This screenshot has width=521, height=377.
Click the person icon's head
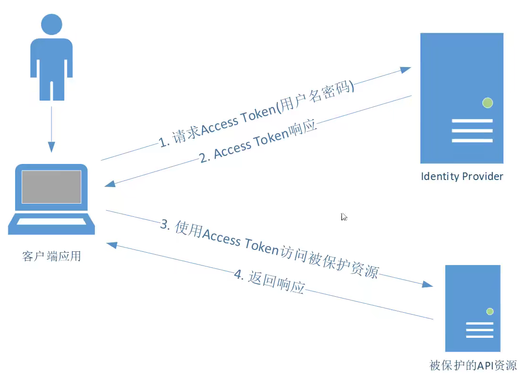pyautogui.click(x=51, y=25)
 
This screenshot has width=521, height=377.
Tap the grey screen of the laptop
pyautogui.click(x=51, y=187)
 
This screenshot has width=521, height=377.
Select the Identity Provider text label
pyautogui.click(x=461, y=177)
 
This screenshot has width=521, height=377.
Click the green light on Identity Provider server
pyautogui.click(x=487, y=103)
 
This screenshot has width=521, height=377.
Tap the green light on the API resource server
pyautogui.click(x=490, y=311)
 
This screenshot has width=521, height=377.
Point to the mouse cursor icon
pyautogui.click(x=344, y=217)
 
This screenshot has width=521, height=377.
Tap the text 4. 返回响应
pyautogui.click(x=269, y=282)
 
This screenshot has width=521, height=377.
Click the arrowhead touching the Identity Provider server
pyautogui.click(x=405, y=69)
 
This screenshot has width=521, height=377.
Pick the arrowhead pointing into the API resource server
pyautogui.click(x=427, y=284)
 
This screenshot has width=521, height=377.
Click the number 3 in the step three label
pyautogui.click(x=165, y=224)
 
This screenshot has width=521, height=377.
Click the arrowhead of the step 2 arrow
pyautogui.click(x=110, y=183)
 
